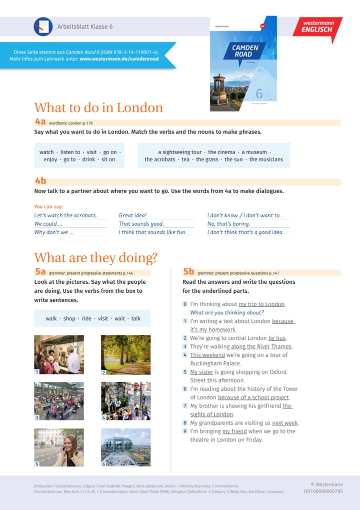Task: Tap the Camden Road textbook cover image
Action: coord(243,64)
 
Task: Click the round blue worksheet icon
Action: coord(43,27)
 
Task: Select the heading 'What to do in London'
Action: coord(98,108)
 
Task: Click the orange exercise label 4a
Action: coord(40,122)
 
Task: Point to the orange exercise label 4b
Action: coord(40,181)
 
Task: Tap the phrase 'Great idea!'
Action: coord(132,216)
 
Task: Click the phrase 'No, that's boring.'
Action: coord(228,224)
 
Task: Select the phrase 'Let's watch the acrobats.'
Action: coord(65,216)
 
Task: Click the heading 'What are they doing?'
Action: coord(95,258)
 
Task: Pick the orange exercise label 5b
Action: coord(188,272)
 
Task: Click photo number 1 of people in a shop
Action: coord(59,355)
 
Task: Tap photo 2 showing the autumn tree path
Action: coord(125,355)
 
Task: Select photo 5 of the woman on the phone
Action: coord(59,447)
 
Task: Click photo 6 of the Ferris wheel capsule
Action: coord(125,447)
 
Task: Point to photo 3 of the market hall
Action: coord(59,401)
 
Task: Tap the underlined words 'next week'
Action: coord(285,423)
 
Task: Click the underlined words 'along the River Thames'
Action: coord(261,346)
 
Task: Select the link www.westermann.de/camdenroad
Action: coord(119,59)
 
